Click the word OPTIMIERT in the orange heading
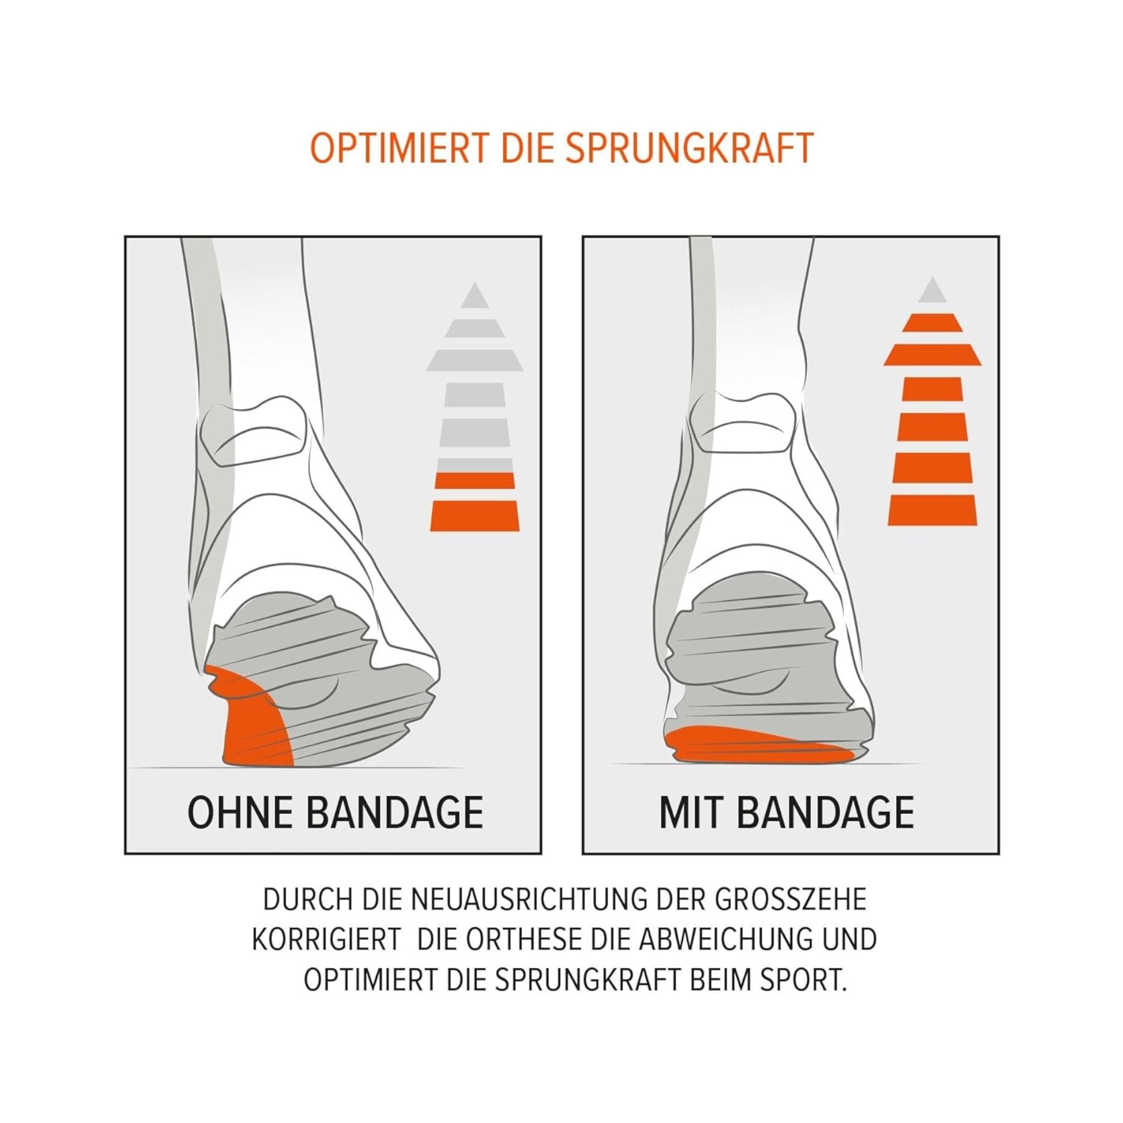(399, 149)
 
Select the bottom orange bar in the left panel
(474, 515)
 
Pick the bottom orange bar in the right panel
(932, 511)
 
